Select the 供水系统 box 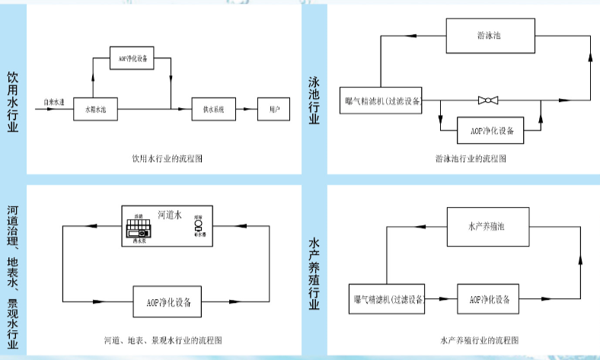click(x=212, y=110)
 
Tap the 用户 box click(x=274, y=110)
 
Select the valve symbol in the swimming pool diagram click(x=487, y=100)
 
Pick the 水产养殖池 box click(x=487, y=226)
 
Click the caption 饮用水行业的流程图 click(x=166, y=160)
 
